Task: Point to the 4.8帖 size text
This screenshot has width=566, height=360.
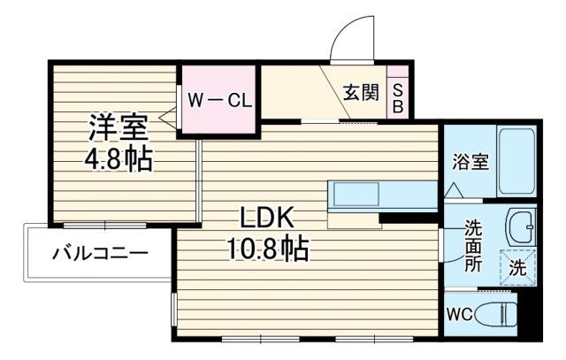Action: click(x=117, y=159)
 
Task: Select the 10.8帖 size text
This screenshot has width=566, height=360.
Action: click(x=264, y=250)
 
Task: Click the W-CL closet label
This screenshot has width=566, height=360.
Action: click(x=218, y=98)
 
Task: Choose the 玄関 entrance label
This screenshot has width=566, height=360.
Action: click(x=363, y=92)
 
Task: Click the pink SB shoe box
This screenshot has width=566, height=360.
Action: click(x=397, y=97)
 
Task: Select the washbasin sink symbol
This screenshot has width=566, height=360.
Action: click(x=523, y=229)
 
